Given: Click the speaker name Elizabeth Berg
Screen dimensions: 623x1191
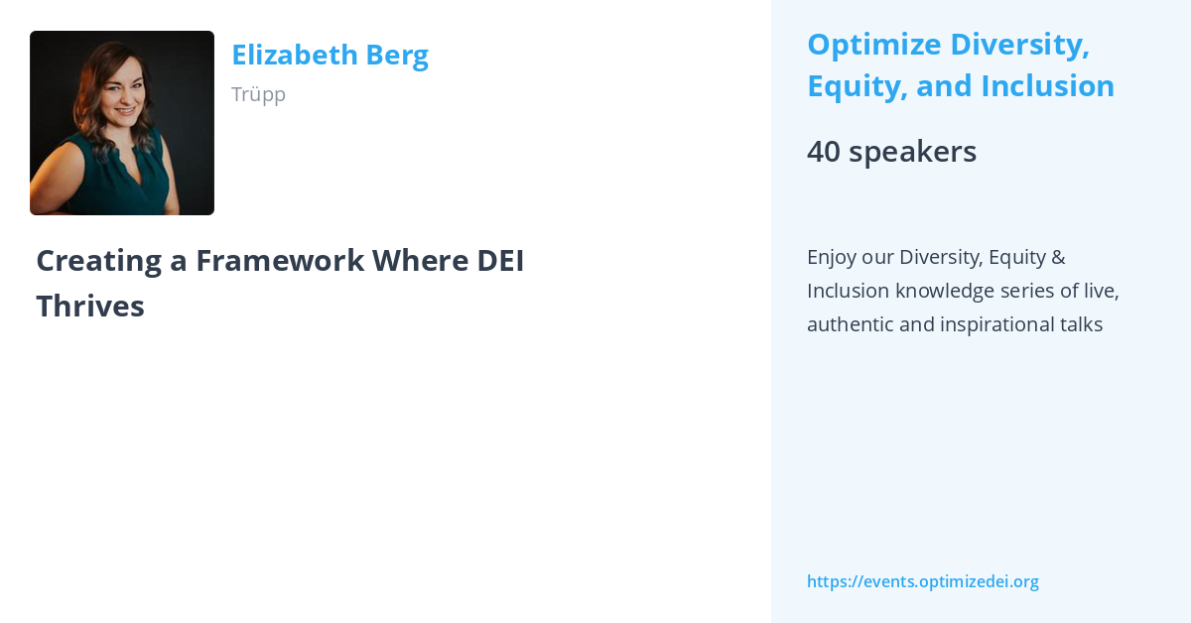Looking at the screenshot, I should (330, 55).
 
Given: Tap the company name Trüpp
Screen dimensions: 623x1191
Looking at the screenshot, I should (258, 94).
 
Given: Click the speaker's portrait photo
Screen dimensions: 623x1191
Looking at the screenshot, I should (122, 123).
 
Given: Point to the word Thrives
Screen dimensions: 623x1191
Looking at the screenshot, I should (90, 307).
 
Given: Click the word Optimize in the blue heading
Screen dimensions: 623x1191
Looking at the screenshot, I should (872, 45).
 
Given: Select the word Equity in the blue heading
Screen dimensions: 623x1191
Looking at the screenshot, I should (857, 86).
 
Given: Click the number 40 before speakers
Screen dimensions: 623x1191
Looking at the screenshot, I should (823, 152).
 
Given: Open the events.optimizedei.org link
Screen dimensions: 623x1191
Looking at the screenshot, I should (923, 581).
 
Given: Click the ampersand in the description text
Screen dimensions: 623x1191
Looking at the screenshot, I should (1057, 257).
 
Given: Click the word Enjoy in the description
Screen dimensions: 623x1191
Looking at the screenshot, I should (831, 257).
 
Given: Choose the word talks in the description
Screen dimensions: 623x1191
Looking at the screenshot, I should (1080, 324).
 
